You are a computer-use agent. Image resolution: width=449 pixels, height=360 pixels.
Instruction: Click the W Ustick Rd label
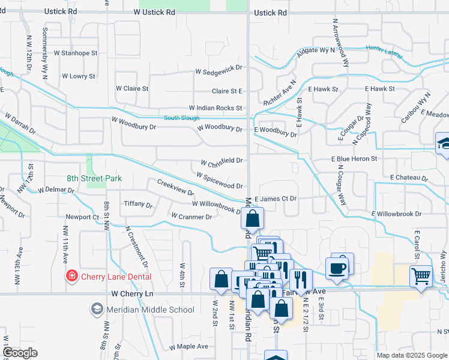pyautogui.click(x=154, y=12)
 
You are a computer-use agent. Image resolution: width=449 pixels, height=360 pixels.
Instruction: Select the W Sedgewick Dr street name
pyautogui.click(x=218, y=71)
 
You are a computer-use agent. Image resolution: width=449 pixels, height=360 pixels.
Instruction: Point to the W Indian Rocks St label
pyautogui.click(x=215, y=108)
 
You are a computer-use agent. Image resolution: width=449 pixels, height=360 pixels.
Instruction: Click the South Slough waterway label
pyautogui.click(x=181, y=118)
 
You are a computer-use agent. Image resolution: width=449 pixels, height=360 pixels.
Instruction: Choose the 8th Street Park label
pyautogui.click(x=94, y=178)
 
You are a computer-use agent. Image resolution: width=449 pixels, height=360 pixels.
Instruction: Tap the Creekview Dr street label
pyautogui.click(x=175, y=188)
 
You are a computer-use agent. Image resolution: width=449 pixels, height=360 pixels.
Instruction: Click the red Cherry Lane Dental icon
pyautogui.click(x=71, y=276)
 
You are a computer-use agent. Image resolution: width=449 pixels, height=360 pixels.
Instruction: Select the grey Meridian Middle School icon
pyautogui.click(x=96, y=309)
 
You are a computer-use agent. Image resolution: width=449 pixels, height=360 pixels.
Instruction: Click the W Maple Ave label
pyautogui.click(x=188, y=347)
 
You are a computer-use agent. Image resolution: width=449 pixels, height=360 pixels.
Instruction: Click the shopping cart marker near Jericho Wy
pyautogui.click(x=421, y=277)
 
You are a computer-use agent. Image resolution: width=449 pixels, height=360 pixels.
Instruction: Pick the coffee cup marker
pyautogui.click(x=337, y=268)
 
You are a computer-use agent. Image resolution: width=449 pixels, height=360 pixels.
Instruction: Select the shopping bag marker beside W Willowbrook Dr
pyautogui.click(x=253, y=218)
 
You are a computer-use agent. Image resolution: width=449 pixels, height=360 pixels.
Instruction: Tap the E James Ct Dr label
pyautogui.click(x=276, y=199)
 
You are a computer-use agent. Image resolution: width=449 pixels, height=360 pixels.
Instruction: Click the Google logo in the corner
pyautogui.click(x=20, y=353)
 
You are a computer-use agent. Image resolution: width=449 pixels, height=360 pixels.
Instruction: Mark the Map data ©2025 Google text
pyautogui.click(x=411, y=355)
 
